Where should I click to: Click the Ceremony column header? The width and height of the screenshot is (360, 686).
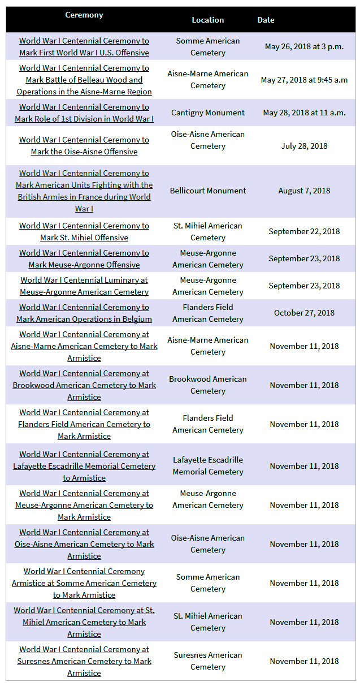pos(84,15)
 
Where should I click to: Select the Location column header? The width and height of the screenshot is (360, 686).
pos(207,20)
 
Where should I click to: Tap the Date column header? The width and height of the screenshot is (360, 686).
pos(266,20)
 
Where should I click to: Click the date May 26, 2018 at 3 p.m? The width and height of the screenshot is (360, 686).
pos(304,47)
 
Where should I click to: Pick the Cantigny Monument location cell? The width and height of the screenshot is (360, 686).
pos(207,113)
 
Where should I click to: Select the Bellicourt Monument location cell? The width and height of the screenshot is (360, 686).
pos(207,191)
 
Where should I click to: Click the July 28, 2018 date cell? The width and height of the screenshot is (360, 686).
pos(304,146)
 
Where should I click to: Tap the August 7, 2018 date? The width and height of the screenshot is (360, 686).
pos(304,191)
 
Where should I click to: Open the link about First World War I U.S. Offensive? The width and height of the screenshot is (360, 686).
pos(84,47)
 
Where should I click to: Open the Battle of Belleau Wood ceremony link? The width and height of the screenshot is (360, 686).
pos(84,80)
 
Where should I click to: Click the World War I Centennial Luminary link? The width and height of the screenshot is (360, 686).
pos(84,286)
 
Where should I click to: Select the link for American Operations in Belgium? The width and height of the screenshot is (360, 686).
pos(84,313)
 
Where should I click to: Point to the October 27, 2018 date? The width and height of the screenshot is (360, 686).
pos(304,313)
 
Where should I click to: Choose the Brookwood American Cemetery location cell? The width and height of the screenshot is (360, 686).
pos(207,385)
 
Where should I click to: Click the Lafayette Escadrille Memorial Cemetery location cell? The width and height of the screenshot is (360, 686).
pos(207,466)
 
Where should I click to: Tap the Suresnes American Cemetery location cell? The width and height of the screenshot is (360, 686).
pos(207,661)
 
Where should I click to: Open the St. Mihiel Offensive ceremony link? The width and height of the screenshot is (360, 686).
pos(84,231)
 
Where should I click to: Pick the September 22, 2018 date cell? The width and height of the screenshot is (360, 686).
pos(304,231)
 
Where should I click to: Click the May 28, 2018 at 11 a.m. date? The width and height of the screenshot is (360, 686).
pos(304,113)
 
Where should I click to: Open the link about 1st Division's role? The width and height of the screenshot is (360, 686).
pos(84,113)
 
